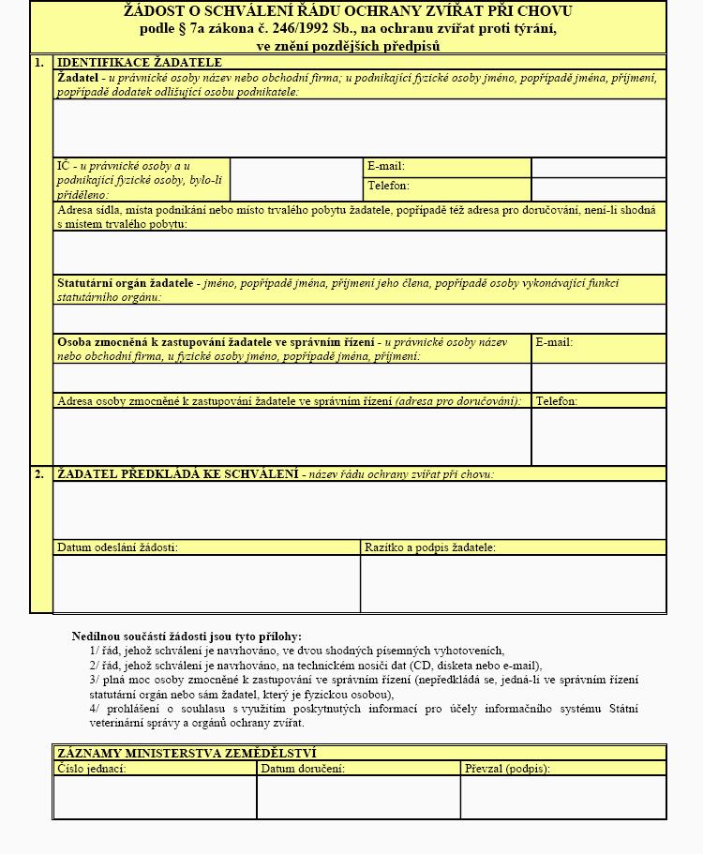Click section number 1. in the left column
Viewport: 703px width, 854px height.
point(39,63)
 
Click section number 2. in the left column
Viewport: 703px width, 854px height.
point(39,474)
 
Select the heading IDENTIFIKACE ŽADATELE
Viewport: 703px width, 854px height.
point(140,63)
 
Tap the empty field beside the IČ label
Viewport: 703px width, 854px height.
point(296,179)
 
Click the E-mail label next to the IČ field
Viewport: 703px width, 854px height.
point(386,167)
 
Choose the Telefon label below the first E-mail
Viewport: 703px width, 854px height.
point(388,187)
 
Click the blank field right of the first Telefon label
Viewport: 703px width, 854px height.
point(598,188)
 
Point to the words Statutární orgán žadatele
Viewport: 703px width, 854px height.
point(125,283)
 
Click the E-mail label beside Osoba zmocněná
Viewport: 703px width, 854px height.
point(554,342)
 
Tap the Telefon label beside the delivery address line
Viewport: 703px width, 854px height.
point(557,401)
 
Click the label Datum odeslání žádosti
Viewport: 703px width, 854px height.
point(117,547)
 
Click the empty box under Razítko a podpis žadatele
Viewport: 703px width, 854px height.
point(513,583)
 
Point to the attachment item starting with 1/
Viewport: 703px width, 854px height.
point(296,651)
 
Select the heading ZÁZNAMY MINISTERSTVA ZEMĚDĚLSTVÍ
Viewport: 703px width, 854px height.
point(187,753)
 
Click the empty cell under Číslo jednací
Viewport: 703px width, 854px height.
point(155,797)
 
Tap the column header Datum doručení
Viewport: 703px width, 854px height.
point(303,769)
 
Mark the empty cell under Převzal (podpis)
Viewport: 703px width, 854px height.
point(562,797)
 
